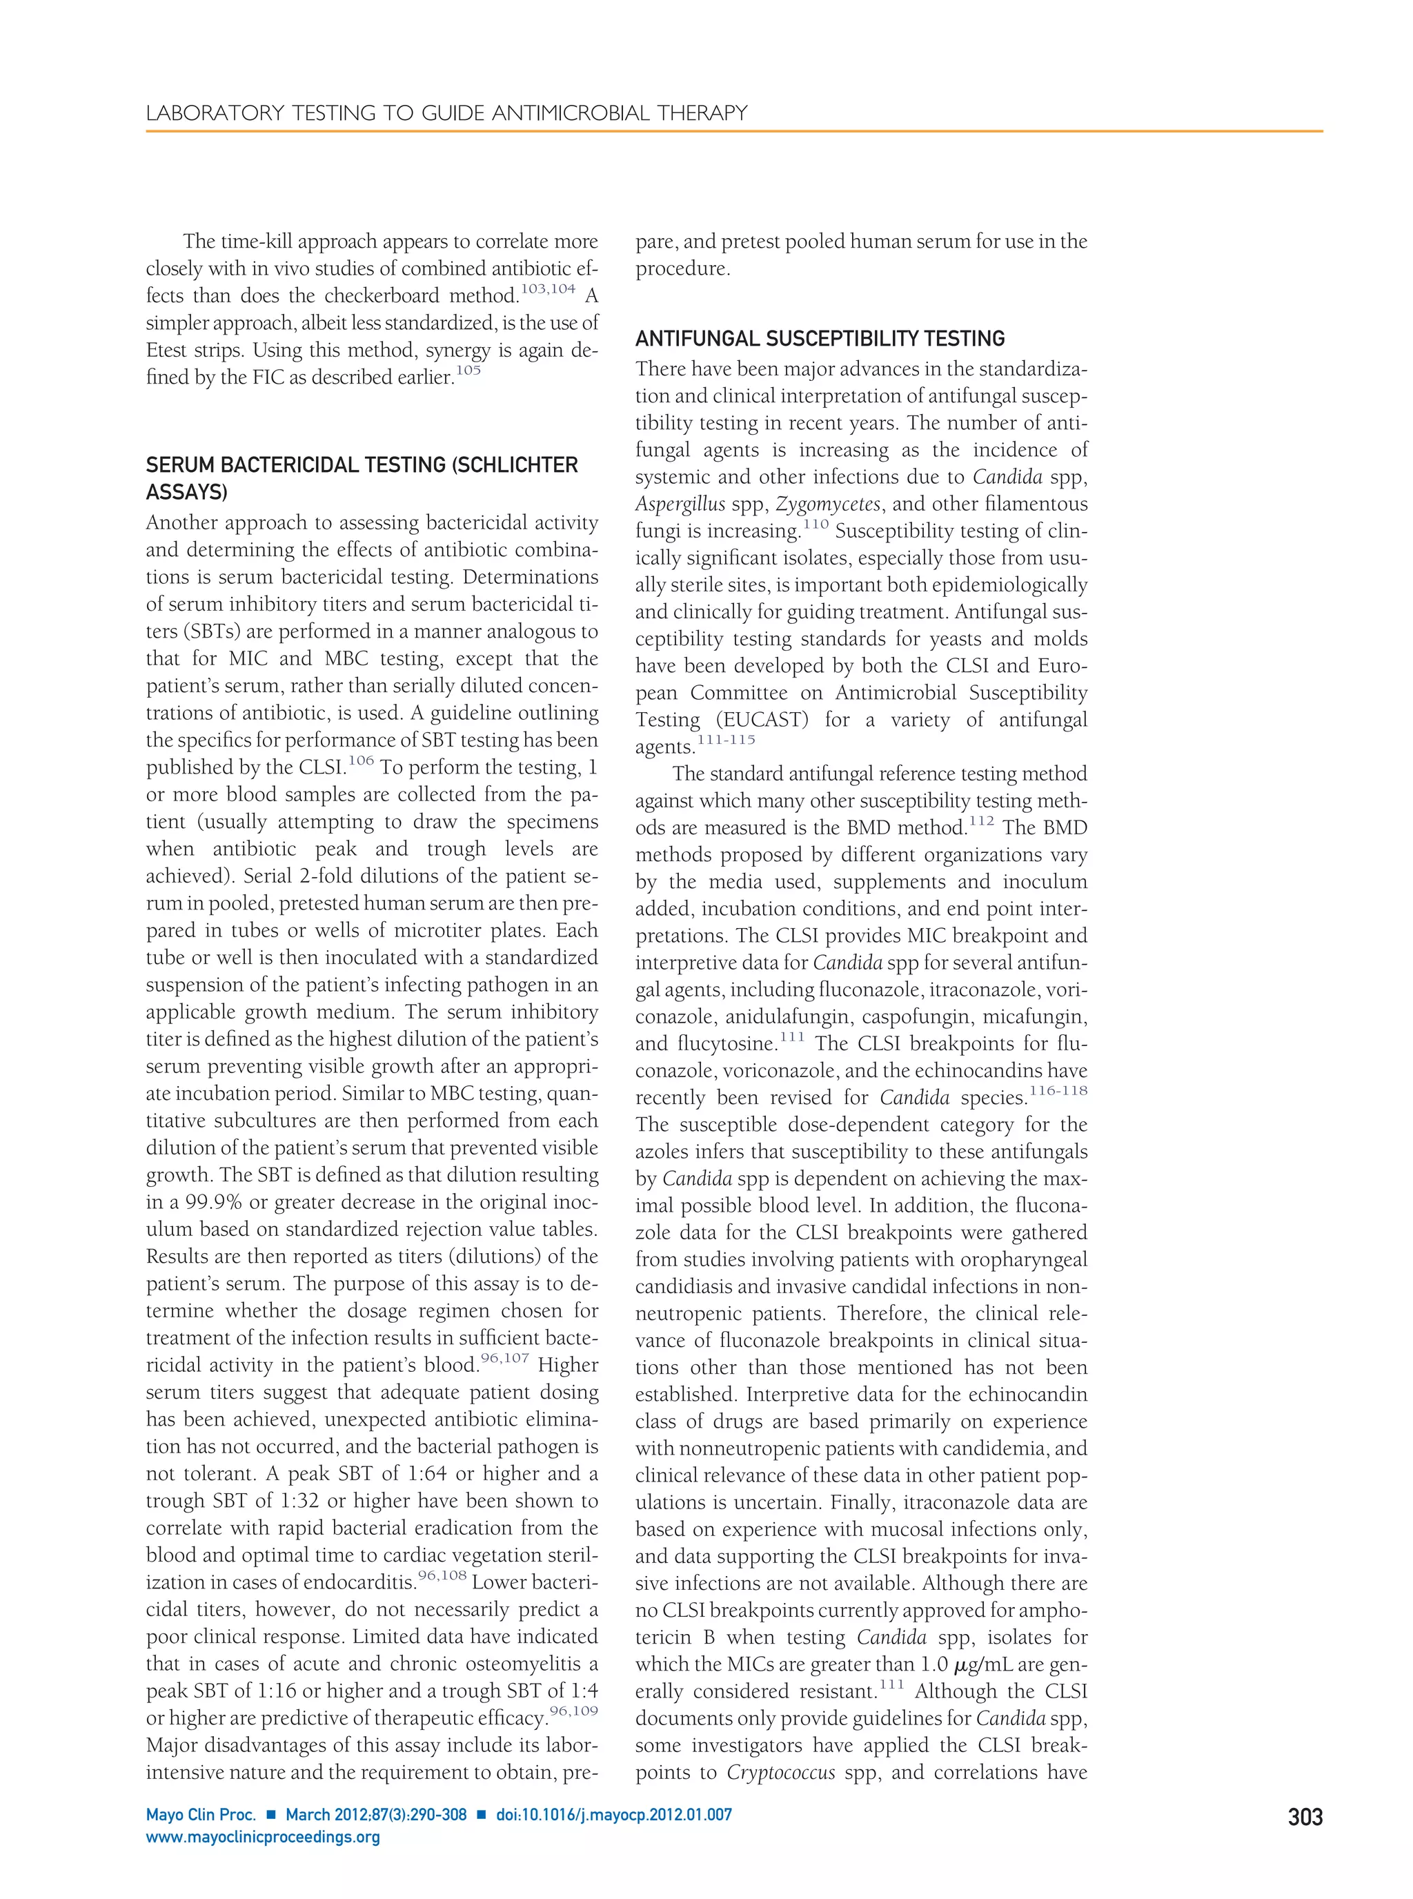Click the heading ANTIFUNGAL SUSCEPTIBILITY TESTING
820,339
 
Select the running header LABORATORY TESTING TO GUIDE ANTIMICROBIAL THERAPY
446,113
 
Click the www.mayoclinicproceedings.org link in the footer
263,1838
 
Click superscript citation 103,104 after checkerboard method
549,289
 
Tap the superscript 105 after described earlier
468,371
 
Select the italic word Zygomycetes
828,504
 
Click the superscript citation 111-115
727,740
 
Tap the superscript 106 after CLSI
361,760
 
